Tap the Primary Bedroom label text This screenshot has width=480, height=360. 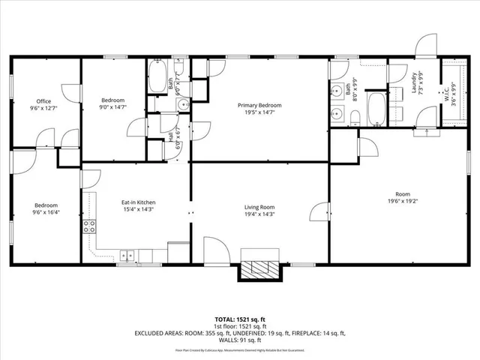(x=259, y=106)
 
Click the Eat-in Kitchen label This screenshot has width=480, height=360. (x=138, y=202)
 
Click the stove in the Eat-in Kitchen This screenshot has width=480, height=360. (x=88, y=226)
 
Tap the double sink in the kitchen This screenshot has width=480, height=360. (x=129, y=256)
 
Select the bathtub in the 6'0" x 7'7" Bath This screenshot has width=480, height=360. (x=157, y=78)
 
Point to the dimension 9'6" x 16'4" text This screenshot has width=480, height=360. (x=46, y=212)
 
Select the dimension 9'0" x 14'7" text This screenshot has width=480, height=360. (x=112, y=107)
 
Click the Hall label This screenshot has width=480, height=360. (x=171, y=137)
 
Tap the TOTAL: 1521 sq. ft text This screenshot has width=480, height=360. (x=240, y=319)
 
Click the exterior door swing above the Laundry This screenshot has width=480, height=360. (x=424, y=43)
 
